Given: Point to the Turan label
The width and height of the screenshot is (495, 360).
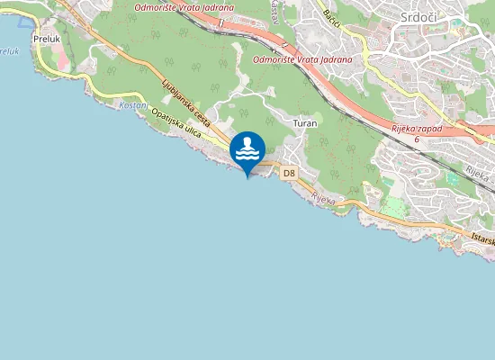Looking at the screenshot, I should point(305,121).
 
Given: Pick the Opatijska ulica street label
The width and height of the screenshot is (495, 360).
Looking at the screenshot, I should point(176,124).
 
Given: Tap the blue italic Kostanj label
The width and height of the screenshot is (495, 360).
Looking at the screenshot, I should point(131,105).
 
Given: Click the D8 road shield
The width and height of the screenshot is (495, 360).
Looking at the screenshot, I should point(289,172).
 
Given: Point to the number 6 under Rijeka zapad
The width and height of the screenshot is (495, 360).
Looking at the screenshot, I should point(417,139).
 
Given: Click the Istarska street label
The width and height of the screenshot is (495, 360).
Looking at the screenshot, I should point(482,239).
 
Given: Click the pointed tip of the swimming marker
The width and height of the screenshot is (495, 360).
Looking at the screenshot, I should point(247,177).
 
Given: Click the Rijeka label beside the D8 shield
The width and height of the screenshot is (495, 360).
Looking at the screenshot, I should point(323,199).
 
